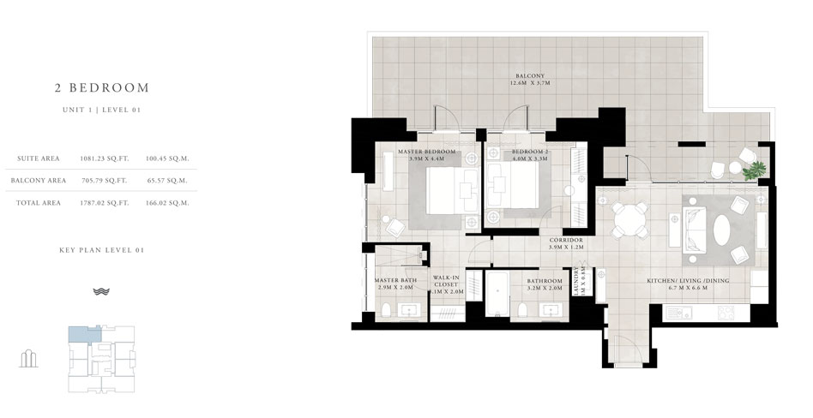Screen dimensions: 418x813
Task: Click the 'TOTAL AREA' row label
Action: [38, 203]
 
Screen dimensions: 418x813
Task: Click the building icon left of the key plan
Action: [28, 357]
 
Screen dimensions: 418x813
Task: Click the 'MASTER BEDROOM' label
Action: [426, 152]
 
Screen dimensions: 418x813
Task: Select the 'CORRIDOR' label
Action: [566, 240]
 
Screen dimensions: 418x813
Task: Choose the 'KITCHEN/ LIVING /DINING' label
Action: [683, 280]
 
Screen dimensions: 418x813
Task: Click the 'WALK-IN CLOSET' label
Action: [446, 282]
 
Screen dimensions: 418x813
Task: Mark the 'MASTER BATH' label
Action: [395, 280]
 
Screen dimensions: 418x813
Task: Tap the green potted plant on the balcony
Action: [754, 170]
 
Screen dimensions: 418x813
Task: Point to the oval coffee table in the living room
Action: [721, 229]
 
